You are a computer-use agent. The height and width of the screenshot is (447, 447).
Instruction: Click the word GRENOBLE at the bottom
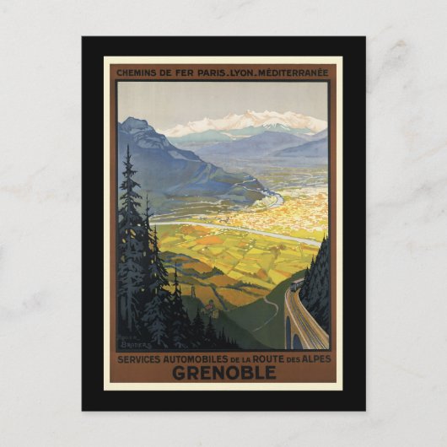[x=223, y=372]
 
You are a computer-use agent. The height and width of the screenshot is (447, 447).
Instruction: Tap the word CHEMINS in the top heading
[x=140, y=73]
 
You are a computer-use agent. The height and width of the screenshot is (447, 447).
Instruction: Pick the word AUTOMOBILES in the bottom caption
[x=189, y=358]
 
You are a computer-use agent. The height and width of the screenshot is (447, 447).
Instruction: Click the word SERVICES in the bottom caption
[x=140, y=358]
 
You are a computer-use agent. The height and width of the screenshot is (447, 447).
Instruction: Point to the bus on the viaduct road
[x=296, y=286]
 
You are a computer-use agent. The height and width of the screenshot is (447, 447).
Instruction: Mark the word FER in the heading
[x=182, y=73]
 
